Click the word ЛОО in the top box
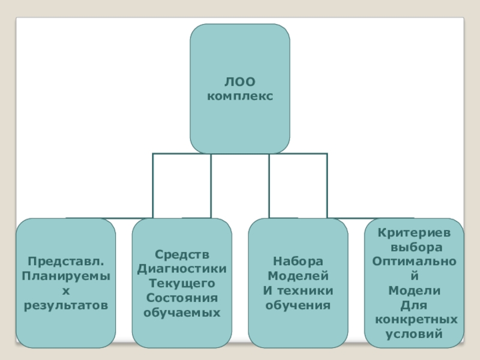[x=240, y=82]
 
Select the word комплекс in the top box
[x=240, y=95]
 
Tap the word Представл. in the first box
[x=66, y=262]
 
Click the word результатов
[x=66, y=305]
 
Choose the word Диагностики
[x=182, y=269]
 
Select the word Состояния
[x=182, y=298]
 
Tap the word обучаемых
[x=182, y=312]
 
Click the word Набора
[x=298, y=262]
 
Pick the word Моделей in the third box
[x=298, y=276]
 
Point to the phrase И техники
[x=298, y=290]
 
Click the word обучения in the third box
[x=298, y=305]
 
